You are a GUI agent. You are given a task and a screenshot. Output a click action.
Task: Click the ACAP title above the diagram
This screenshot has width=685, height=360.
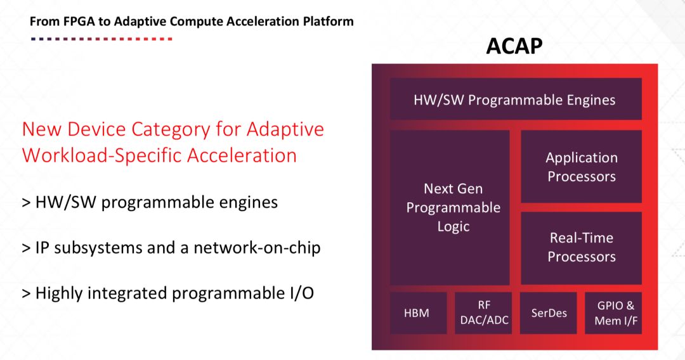coord(514,46)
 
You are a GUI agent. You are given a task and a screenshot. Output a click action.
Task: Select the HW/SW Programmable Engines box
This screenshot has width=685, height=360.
coord(514,100)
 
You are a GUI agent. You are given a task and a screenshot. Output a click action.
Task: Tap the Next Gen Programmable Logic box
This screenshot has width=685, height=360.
coord(453,207)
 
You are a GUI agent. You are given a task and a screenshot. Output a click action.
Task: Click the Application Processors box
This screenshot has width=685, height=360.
coord(581,167)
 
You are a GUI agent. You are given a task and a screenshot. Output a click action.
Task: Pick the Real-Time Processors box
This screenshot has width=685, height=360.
coord(581,247)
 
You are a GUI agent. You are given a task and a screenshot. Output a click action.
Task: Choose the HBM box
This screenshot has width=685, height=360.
coord(417,312)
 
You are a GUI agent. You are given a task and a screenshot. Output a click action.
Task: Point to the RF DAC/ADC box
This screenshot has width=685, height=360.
coord(484,312)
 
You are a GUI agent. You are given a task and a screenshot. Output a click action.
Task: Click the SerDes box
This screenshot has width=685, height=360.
coord(549,312)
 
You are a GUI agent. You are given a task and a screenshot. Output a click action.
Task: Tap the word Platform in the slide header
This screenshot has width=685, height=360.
coord(330,22)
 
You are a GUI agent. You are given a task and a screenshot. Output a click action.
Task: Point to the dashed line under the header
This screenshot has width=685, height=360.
coord(101,39)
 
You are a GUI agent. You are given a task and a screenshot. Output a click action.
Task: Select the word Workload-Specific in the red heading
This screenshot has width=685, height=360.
coord(86,155)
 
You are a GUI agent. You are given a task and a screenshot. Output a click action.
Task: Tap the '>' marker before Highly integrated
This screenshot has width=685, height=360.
coord(26,293)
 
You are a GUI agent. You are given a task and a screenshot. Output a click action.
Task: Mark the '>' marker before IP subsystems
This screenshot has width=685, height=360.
coord(26,248)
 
